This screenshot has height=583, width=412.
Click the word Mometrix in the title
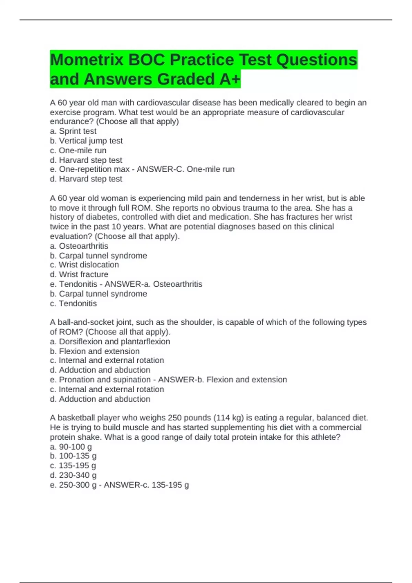point(87,60)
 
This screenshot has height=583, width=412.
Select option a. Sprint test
point(73,131)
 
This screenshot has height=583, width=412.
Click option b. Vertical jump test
point(86,141)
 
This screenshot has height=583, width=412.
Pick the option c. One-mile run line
point(78,150)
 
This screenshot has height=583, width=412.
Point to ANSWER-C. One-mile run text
point(186,169)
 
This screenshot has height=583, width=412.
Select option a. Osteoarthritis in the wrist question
point(79,246)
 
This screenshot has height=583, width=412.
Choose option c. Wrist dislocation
point(84,265)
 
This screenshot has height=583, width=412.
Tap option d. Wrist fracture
point(79,274)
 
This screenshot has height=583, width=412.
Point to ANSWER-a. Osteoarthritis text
point(153,284)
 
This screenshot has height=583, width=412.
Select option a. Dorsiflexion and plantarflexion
point(110,342)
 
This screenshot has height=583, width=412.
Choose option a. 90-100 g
point(71,447)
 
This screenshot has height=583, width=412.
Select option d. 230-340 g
point(73,475)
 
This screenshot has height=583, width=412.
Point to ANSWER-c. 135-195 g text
point(146,485)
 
